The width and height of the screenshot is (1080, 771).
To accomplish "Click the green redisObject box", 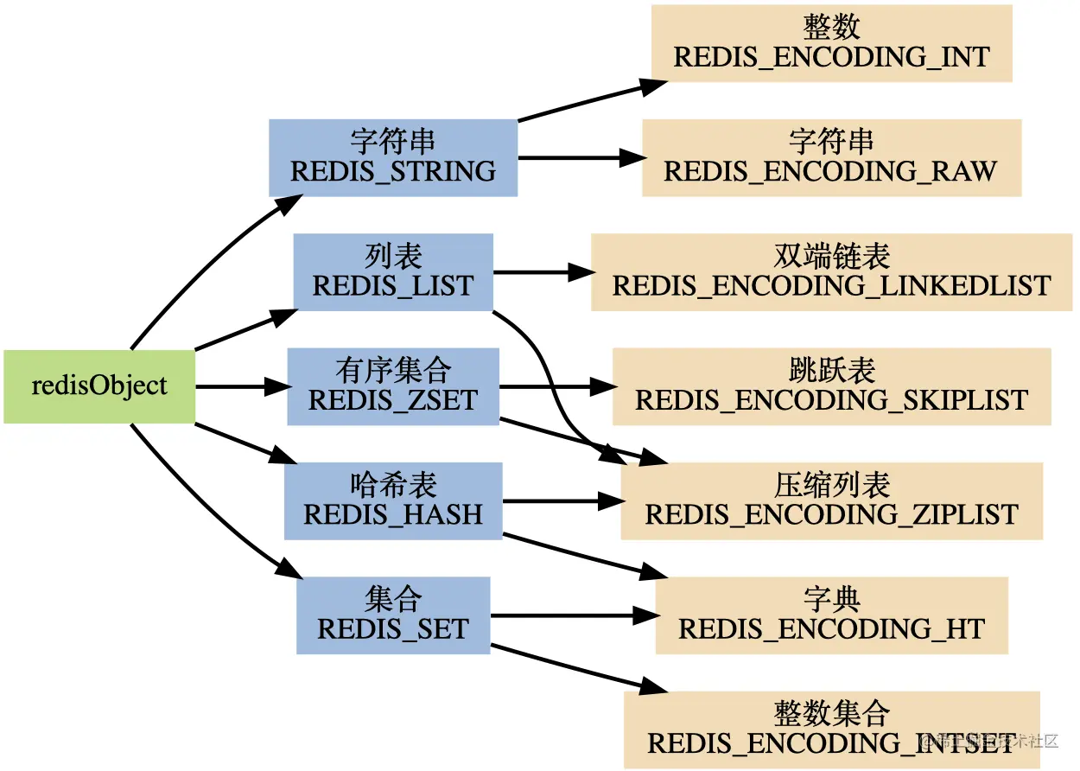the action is pos(99,386).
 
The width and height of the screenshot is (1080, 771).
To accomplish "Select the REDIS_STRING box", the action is pos(393,158).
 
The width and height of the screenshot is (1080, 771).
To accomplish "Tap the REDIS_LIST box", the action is pos(393,272).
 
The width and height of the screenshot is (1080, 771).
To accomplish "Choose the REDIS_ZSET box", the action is pos(393,386).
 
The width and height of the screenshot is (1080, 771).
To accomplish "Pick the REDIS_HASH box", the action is pos(393,500).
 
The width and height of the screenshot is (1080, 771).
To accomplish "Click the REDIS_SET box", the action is pos(393,615).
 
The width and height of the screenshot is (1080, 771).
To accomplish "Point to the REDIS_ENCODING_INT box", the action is pos(832,43).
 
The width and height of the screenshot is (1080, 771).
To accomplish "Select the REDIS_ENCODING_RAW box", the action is pos(832,158).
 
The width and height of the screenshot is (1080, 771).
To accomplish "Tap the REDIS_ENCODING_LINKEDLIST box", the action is pos(832,272).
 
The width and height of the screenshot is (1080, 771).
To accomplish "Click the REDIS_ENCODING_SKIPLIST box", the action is pos(832,386).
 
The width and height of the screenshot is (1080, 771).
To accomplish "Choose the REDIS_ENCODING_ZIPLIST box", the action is pos(832,500).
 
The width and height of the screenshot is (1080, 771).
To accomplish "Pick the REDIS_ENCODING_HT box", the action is pos(832,615).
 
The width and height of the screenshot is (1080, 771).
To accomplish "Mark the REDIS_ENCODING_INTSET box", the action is pos(832,730).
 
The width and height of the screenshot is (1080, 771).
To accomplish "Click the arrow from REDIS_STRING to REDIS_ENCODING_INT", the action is pos(592,101).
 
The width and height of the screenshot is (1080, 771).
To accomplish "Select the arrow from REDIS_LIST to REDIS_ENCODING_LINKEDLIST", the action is pos(543,272).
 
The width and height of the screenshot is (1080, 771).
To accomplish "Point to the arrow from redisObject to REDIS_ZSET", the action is pos(244,386).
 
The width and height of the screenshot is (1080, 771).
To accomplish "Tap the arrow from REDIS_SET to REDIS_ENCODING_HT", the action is pos(575,615).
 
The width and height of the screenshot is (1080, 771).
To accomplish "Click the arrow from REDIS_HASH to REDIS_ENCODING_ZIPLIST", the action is pos(563,501).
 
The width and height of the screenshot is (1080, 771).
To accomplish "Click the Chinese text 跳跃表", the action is pos(832,371).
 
